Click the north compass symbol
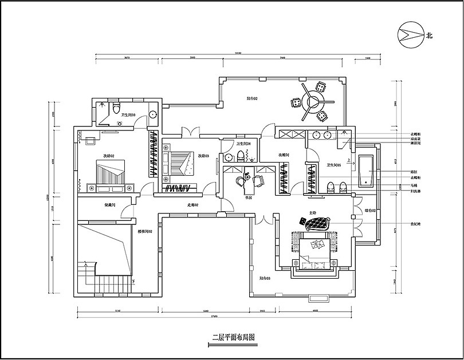[409, 34]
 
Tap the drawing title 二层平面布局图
[232, 338]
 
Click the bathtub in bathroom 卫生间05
[367, 171]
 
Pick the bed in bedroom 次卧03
[180, 162]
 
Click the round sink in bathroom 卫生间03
[153, 114]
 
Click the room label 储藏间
[110, 205]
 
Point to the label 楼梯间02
[144, 231]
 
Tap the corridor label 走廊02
[192, 205]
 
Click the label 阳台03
[265, 278]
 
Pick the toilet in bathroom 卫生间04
[227, 156]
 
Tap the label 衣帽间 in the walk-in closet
[284, 155]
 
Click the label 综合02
[370, 211]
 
